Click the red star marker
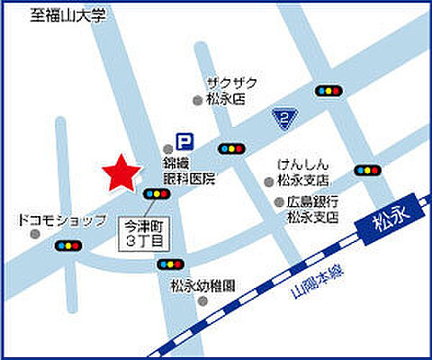tap(120, 174)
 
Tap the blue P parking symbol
tap(184, 141)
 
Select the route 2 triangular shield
tap(283, 118)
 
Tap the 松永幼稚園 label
tap(202, 287)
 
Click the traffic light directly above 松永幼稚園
tap(167, 264)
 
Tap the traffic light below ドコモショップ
tap(67, 245)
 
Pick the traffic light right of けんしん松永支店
tap(366, 169)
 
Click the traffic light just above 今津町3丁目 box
tap(157, 193)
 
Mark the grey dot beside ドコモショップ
tap(35, 233)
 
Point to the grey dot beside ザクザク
tap(199, 100)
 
